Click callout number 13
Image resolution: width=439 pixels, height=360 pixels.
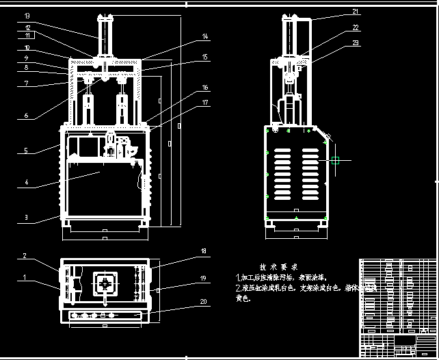(x=27, y=15)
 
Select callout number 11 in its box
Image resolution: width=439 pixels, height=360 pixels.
(x=27, y=35)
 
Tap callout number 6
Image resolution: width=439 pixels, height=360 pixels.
(x=27, y=116)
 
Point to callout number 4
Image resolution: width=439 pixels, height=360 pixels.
(x=27, y=183)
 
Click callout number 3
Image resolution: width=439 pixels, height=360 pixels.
(x=27, y=218)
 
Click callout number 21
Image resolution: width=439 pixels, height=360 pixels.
(x=356, y=12)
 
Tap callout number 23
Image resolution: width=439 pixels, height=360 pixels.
(x=356, y=43)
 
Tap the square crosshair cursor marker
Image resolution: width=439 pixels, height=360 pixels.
(x=335, y=161)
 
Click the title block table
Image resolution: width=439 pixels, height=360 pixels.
(x=397, y=305)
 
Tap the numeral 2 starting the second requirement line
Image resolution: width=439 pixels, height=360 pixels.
(x=237, y=288)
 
